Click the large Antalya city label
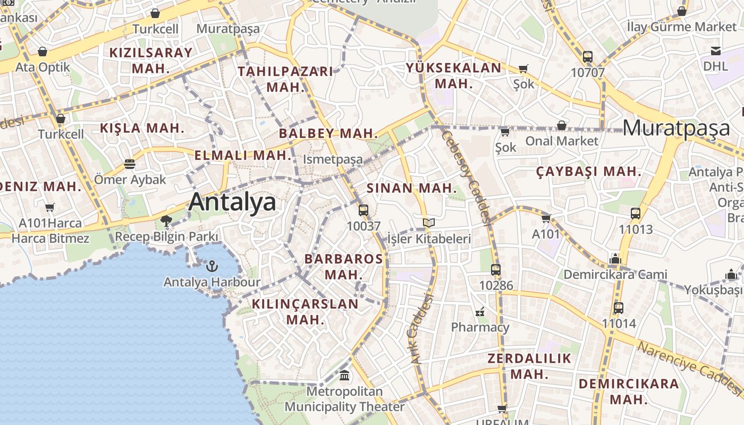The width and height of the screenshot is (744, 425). click(x=232, y=202)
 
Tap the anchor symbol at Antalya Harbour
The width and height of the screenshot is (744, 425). click(x=212, y=266)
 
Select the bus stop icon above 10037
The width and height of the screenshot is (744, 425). click(x=363, y=210)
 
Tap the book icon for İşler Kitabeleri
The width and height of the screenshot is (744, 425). click(x=429, y=223)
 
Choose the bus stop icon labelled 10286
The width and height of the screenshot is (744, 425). click(x=496, y=270)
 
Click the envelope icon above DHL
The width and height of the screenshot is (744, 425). click(x=716, y=51)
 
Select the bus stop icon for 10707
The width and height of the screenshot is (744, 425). click(x=588, y=57)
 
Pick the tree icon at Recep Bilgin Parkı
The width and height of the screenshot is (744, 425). click(x=166, y=220)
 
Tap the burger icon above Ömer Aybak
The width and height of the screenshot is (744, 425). click(x=130, y=164)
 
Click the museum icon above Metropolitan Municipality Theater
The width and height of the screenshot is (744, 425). click(x=344, y=376)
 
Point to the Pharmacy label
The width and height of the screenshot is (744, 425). click(x=480, y=327)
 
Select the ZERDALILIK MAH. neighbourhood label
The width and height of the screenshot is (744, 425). click(x=529, y=366)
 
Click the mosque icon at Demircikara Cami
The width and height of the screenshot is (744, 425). click(x=615, y=259)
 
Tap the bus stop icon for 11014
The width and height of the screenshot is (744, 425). click(x=619, y=308)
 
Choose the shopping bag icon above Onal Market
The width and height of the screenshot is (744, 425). click(x=562, y=125)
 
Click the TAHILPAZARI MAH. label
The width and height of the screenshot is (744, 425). click(x=285, y=79)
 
